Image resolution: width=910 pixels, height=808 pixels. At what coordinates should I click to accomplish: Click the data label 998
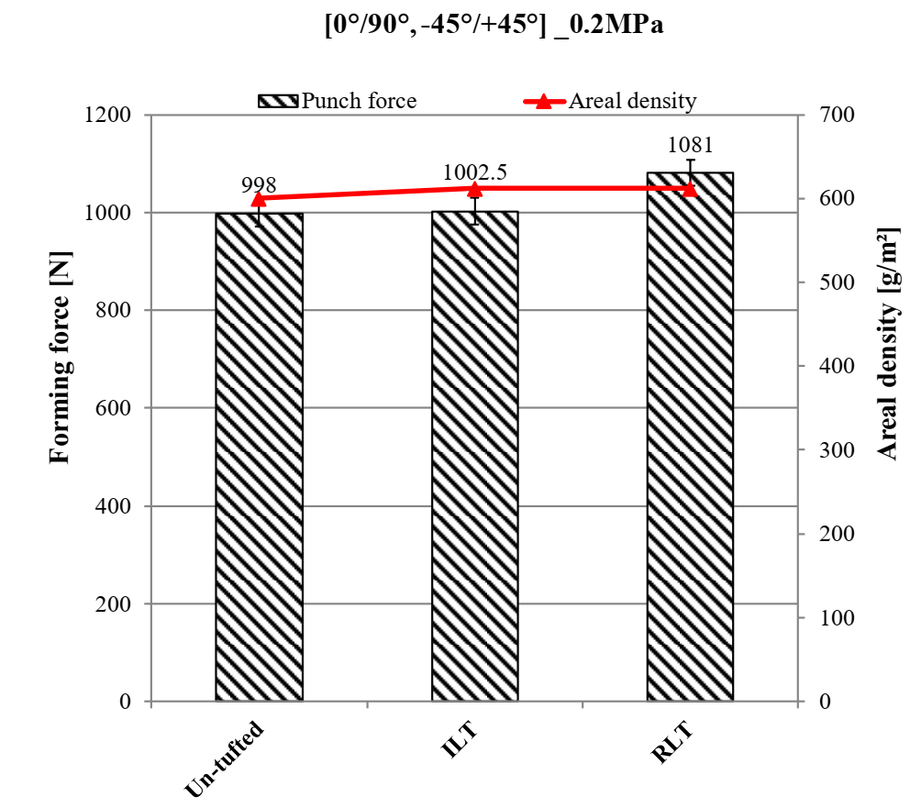click(x=259, y=186)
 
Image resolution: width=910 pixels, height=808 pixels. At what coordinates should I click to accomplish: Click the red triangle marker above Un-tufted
click(x=259, y=199)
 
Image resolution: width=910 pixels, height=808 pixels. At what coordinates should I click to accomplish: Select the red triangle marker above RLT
click(x=691, y=189)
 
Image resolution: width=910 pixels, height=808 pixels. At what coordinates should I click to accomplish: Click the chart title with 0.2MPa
click(x=494, y=25)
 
